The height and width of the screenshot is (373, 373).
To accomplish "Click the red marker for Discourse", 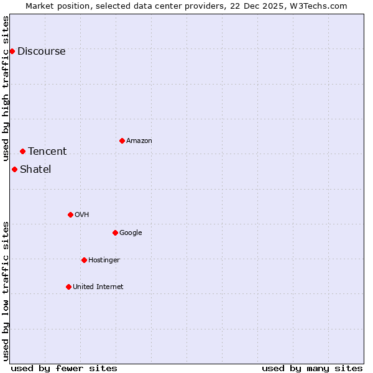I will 12,51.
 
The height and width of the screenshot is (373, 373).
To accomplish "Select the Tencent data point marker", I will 22,151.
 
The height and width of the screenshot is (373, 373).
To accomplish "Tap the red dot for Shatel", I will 14,169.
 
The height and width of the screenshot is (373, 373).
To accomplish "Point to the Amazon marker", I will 122,140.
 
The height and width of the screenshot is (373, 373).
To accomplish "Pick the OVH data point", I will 70,214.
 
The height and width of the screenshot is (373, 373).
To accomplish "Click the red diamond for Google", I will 115,233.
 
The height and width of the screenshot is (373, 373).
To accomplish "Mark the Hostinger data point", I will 84,260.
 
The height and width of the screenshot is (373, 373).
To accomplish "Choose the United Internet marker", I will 68,287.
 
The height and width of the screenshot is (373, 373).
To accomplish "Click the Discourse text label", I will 42,51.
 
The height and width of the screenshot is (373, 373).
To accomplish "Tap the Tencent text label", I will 47,151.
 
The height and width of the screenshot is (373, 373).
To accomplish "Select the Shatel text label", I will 35,169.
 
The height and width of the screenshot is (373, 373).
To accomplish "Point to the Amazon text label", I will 139,140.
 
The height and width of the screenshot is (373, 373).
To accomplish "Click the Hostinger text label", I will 104,260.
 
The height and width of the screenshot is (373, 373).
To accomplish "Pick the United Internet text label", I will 98,287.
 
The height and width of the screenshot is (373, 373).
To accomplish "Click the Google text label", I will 131,233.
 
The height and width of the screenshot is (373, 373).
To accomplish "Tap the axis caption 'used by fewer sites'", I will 64,368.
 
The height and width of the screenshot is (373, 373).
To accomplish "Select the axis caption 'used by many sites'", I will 312,368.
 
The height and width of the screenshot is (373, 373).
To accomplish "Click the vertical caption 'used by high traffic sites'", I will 6,88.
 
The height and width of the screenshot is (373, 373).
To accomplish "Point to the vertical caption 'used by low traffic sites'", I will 6,290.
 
